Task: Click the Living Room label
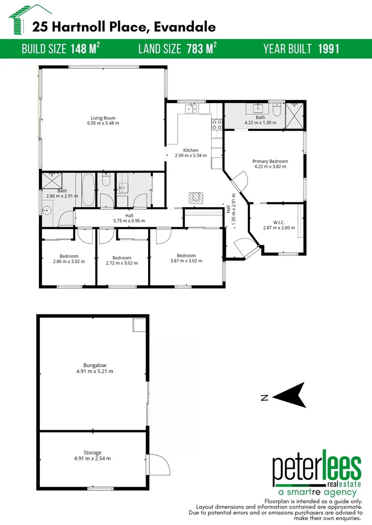(x=103, y=118)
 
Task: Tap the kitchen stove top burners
(x=217, y=124)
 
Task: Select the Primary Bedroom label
(x=270, y=161)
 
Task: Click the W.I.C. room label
(x=279, y=222)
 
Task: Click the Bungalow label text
(x=94, y=365)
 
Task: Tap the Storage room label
(x=92, y=453)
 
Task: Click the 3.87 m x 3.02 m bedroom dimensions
(x=186, y=261)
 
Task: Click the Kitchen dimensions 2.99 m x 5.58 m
(x=191, y=156)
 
